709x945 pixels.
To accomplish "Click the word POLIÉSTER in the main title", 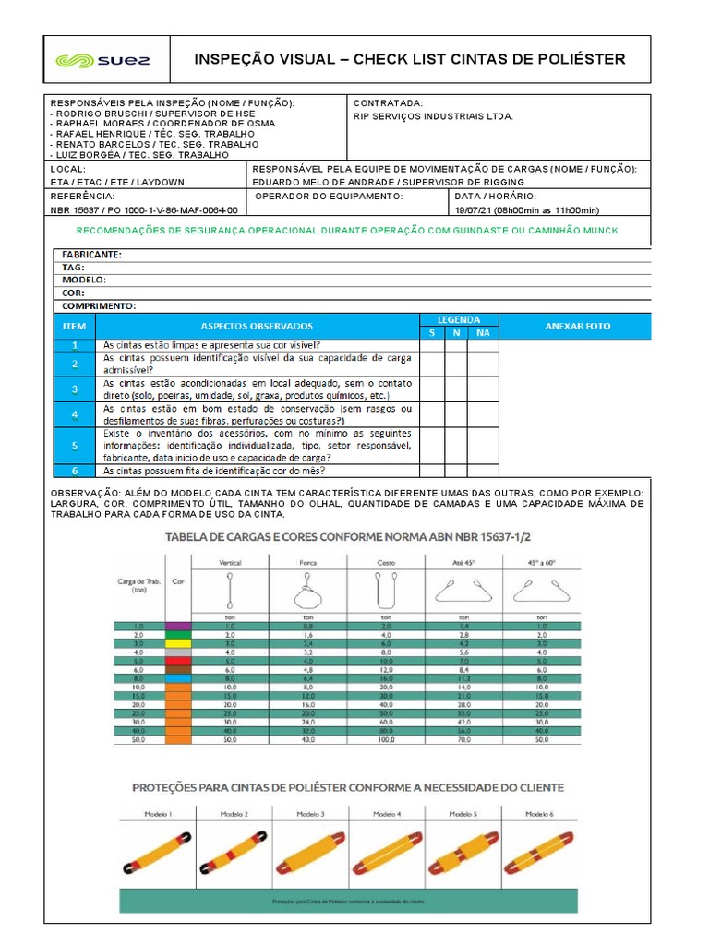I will pyautogui.click(x=578, y=60).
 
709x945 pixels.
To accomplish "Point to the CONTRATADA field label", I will pyautogui.click(x=389, y=102).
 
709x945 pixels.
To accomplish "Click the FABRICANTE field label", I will pyautogui.click(x=91, y=255).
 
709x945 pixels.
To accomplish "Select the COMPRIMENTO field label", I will pyautogui.click(x=99, y=305).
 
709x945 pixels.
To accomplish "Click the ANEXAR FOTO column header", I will pyautogui.click(x=577, y=326).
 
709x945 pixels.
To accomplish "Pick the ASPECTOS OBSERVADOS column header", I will pyautogui.click(x=257, y=326).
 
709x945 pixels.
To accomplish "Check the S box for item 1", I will pyautogui.click(x=431, y=345).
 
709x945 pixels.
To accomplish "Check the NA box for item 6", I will pyautogui.click(x=483, y=470).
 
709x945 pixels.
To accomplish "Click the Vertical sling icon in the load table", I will pyautogui.click(x=230, y=586).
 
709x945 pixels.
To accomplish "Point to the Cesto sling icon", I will pyautogui.click(x=386, y=588).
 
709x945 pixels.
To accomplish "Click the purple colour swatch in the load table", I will pyautogui.click(x=178, y=627).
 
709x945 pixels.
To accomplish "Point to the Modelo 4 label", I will pyautogui.click(x=386, y=815).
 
